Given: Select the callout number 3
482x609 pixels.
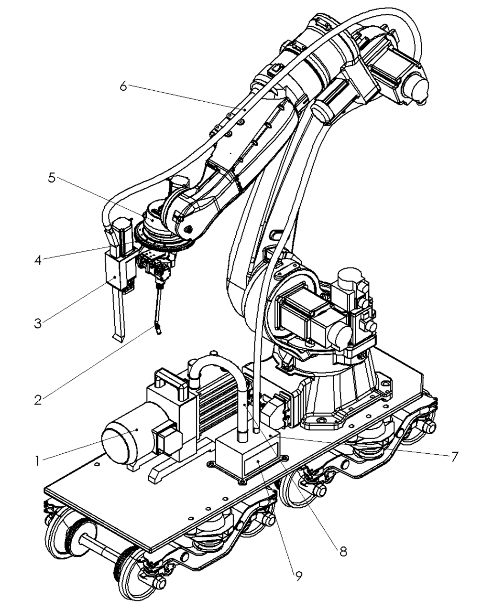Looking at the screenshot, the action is tap(38, 323).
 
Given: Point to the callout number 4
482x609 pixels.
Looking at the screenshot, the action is tap(38, 260).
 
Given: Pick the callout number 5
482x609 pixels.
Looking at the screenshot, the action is tap(51, 178).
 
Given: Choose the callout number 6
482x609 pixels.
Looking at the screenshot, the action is tap(123, 85).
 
